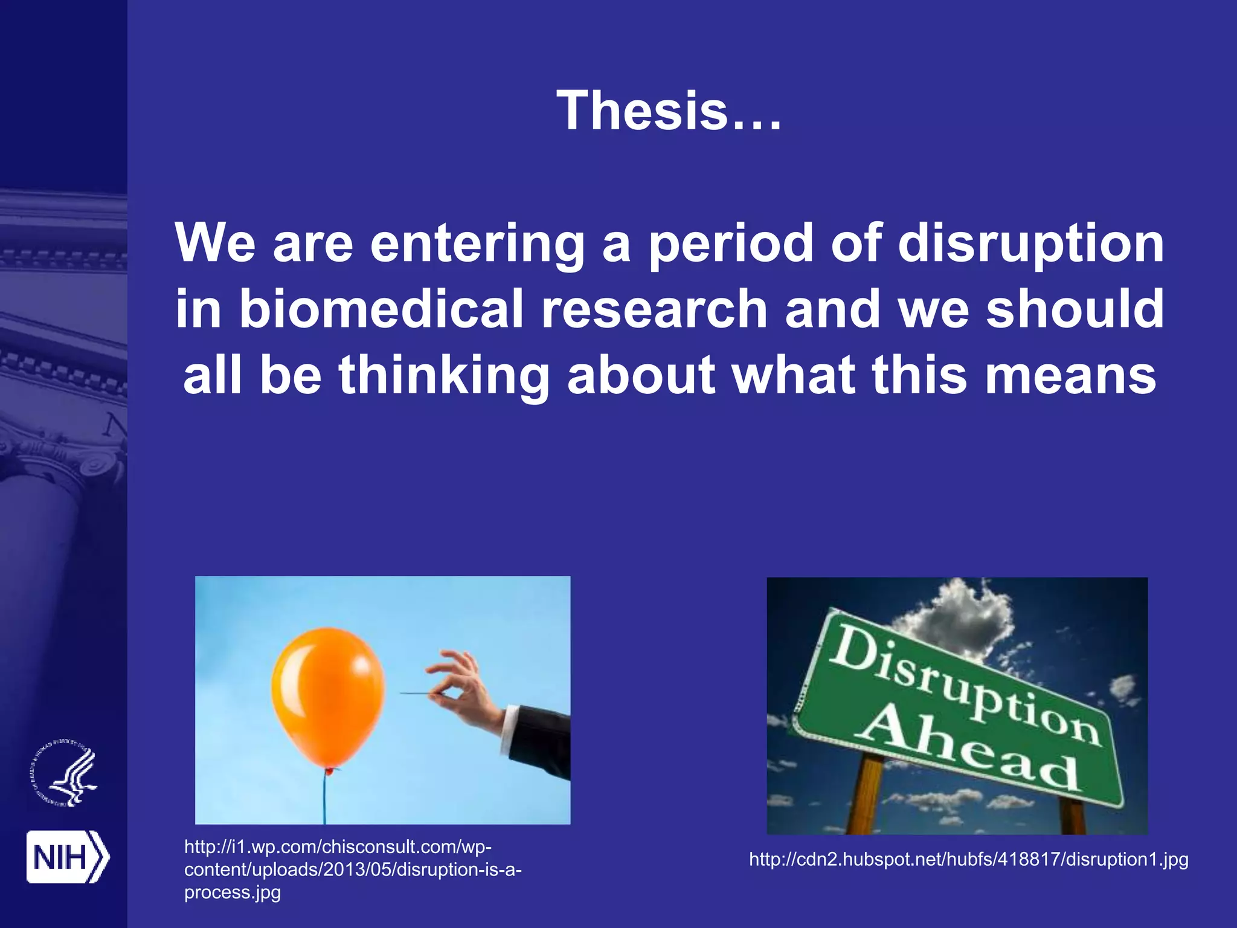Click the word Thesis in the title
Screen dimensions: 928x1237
pyautogui.click(x=642, y=111)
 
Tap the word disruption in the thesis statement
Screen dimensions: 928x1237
pyautogui.click(x=1030, y=243)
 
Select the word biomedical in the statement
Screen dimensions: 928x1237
pyautogui.click(x=381, y=309)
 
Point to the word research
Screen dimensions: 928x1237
pyautogui.click(x=654, y=309)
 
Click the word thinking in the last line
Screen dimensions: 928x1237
pyautogui.click(x=444, y=375)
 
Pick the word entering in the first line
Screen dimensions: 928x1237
pyautogui.click(x=477, y=243)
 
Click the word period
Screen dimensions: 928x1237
pyautogui.click(x=731, y=243)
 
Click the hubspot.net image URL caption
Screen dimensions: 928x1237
pyautogui.click(x=969, y=859)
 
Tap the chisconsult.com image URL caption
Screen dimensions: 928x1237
pyautogui.click(x=353, y=869)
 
